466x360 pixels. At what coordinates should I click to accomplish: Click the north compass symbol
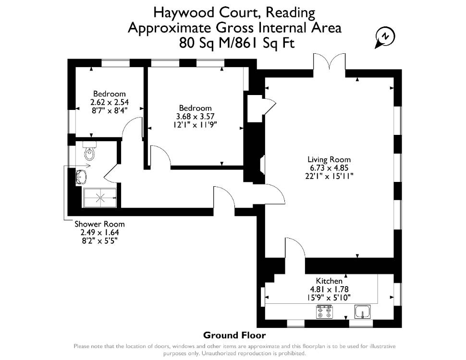385,38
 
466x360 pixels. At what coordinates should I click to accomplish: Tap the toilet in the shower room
89,151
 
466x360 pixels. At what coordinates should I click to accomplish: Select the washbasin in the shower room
80,177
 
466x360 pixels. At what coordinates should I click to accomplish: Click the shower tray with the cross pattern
100,198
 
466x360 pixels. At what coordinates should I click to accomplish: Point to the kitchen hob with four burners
324,312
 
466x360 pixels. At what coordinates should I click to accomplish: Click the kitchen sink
363,312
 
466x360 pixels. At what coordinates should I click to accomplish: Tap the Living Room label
329,159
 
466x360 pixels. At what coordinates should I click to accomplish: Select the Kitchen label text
329,281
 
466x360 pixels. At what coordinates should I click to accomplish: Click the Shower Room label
99,224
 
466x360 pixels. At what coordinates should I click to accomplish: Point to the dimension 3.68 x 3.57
195,116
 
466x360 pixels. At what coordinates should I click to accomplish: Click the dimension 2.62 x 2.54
110,102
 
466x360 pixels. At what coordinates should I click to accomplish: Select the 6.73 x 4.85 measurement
329,168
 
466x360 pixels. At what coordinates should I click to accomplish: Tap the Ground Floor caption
234,336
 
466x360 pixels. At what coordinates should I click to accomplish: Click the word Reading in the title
290,12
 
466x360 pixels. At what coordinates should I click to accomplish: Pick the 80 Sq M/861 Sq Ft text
237,43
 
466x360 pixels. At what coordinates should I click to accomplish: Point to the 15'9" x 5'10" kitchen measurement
329,297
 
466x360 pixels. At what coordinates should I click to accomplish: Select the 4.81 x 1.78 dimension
329,289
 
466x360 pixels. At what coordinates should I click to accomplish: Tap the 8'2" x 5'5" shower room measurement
99,240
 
